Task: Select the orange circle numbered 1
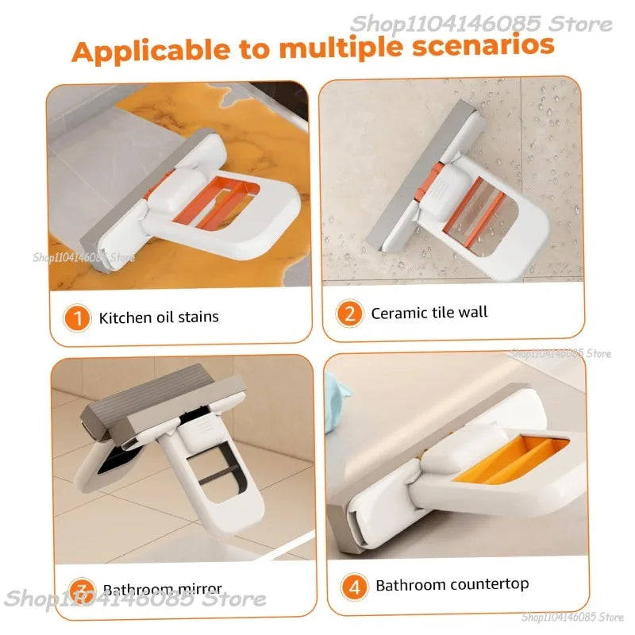pos(78,318)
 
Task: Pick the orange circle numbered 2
pos(348,314)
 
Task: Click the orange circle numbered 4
pos(354,586)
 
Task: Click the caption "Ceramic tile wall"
pos(429,313)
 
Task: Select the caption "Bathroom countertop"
pos(452,585)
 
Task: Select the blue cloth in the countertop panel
pos(338,401)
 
